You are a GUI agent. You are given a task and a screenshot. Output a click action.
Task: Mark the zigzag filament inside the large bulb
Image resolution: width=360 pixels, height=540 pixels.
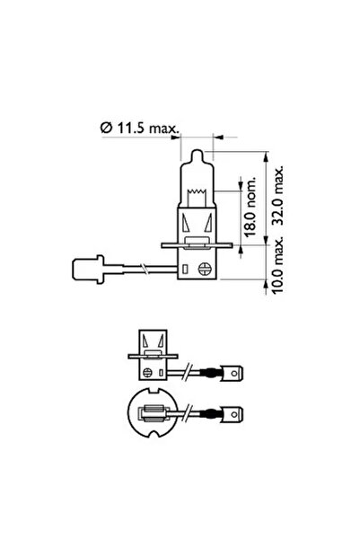[x=197, y=190]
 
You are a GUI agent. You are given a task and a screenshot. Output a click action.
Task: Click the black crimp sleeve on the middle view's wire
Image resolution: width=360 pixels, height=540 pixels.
[x=216, y=369]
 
